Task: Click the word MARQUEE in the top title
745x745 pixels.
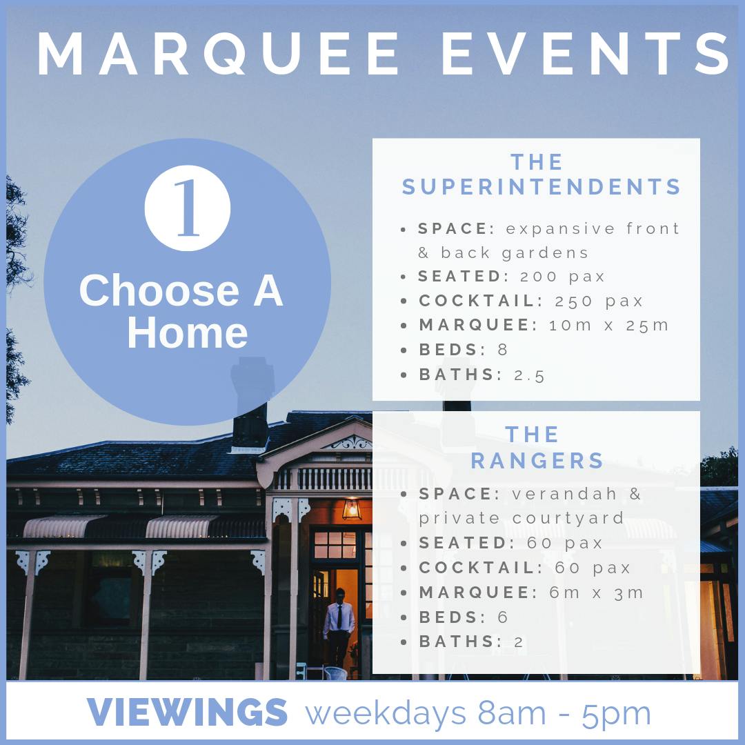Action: (x=217, y=53)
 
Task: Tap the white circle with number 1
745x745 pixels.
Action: (x=188, y=208)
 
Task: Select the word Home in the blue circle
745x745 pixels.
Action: (x=188, y=332)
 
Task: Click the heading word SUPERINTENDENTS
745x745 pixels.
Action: (x=542, y=187)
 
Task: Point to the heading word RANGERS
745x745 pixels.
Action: (x=537, y=460)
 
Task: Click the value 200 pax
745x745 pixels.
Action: (x=562, y=277)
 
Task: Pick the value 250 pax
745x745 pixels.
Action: (x=599, y=301)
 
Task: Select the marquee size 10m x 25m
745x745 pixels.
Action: (x=608, y=325)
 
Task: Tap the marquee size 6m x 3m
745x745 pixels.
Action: (x=596, y=593)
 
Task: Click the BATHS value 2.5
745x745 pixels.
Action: (x=529, y=375)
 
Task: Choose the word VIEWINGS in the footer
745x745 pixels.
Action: (x=187, y=712)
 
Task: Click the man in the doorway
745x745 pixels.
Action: (x=339, y=628)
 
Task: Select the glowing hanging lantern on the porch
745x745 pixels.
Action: (x=352, y=508)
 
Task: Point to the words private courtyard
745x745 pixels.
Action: (x=521, y=518)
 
